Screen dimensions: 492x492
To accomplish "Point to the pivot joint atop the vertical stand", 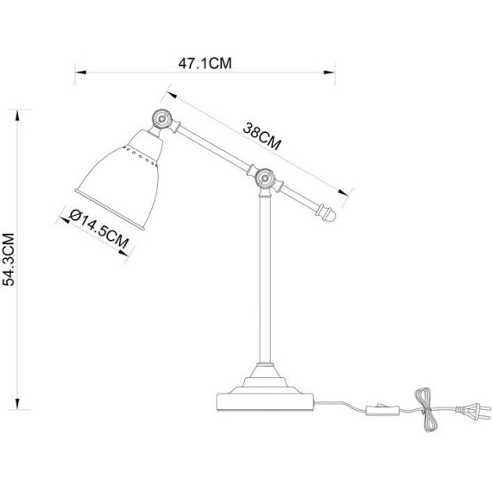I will [266, 180].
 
